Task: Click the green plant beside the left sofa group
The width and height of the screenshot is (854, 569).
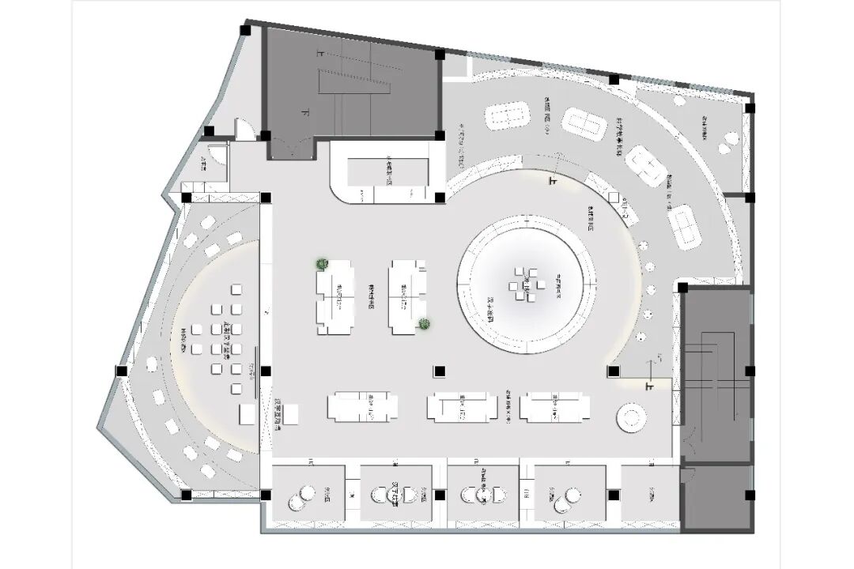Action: pos(322,264)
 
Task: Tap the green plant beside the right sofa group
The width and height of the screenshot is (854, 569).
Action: pos(425,322)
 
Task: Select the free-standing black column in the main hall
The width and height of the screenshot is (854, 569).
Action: pos(439,370)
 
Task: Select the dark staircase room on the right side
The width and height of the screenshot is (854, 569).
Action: pos(715,371)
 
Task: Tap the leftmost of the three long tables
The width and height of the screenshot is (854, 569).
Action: pos(363,407)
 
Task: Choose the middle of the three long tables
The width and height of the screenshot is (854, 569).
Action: pos(463,407)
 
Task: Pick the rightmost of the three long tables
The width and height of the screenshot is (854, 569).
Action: pos(554,407)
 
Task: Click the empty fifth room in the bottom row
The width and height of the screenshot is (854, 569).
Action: pos(649,496)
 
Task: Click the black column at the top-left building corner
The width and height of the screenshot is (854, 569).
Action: pos(246,30)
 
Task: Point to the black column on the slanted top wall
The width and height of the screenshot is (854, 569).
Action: pos(614,79)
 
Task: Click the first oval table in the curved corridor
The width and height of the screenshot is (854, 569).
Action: pos(507,116)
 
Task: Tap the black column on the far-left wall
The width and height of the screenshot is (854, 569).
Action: pos(121,370)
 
